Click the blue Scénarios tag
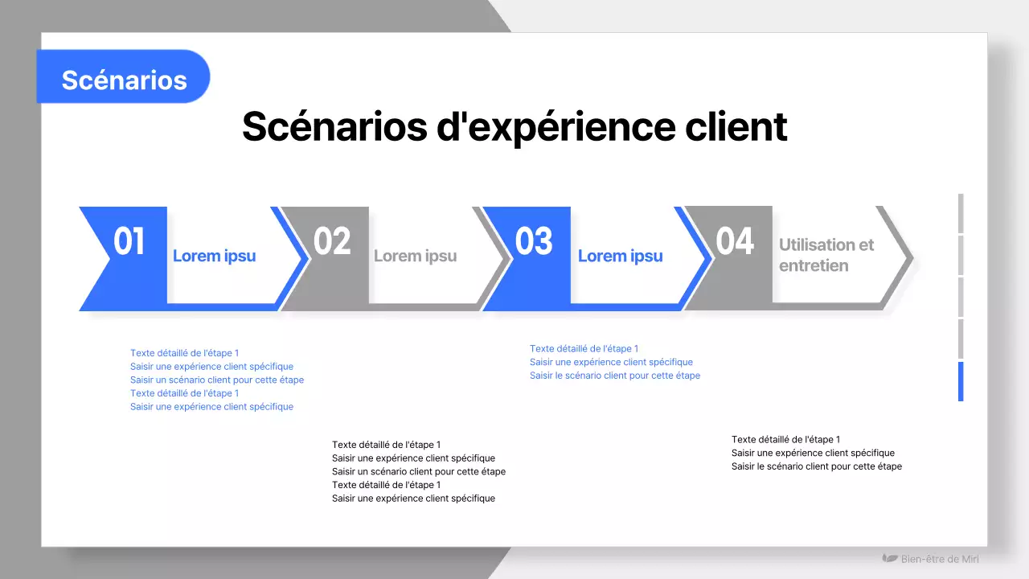123,76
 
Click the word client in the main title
736,126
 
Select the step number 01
129,240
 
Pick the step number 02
332,240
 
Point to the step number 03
534,240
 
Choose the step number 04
735,240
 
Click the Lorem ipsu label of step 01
214,256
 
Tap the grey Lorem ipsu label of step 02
416,256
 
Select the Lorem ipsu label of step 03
620,256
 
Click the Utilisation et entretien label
826,255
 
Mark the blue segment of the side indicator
961,381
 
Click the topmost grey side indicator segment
961,213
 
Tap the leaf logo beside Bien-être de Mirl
890,558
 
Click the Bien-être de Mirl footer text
940,559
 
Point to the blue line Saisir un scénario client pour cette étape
217,380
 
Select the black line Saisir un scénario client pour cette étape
419,471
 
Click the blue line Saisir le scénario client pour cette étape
615,376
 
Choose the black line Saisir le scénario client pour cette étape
817,466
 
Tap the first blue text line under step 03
584,349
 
